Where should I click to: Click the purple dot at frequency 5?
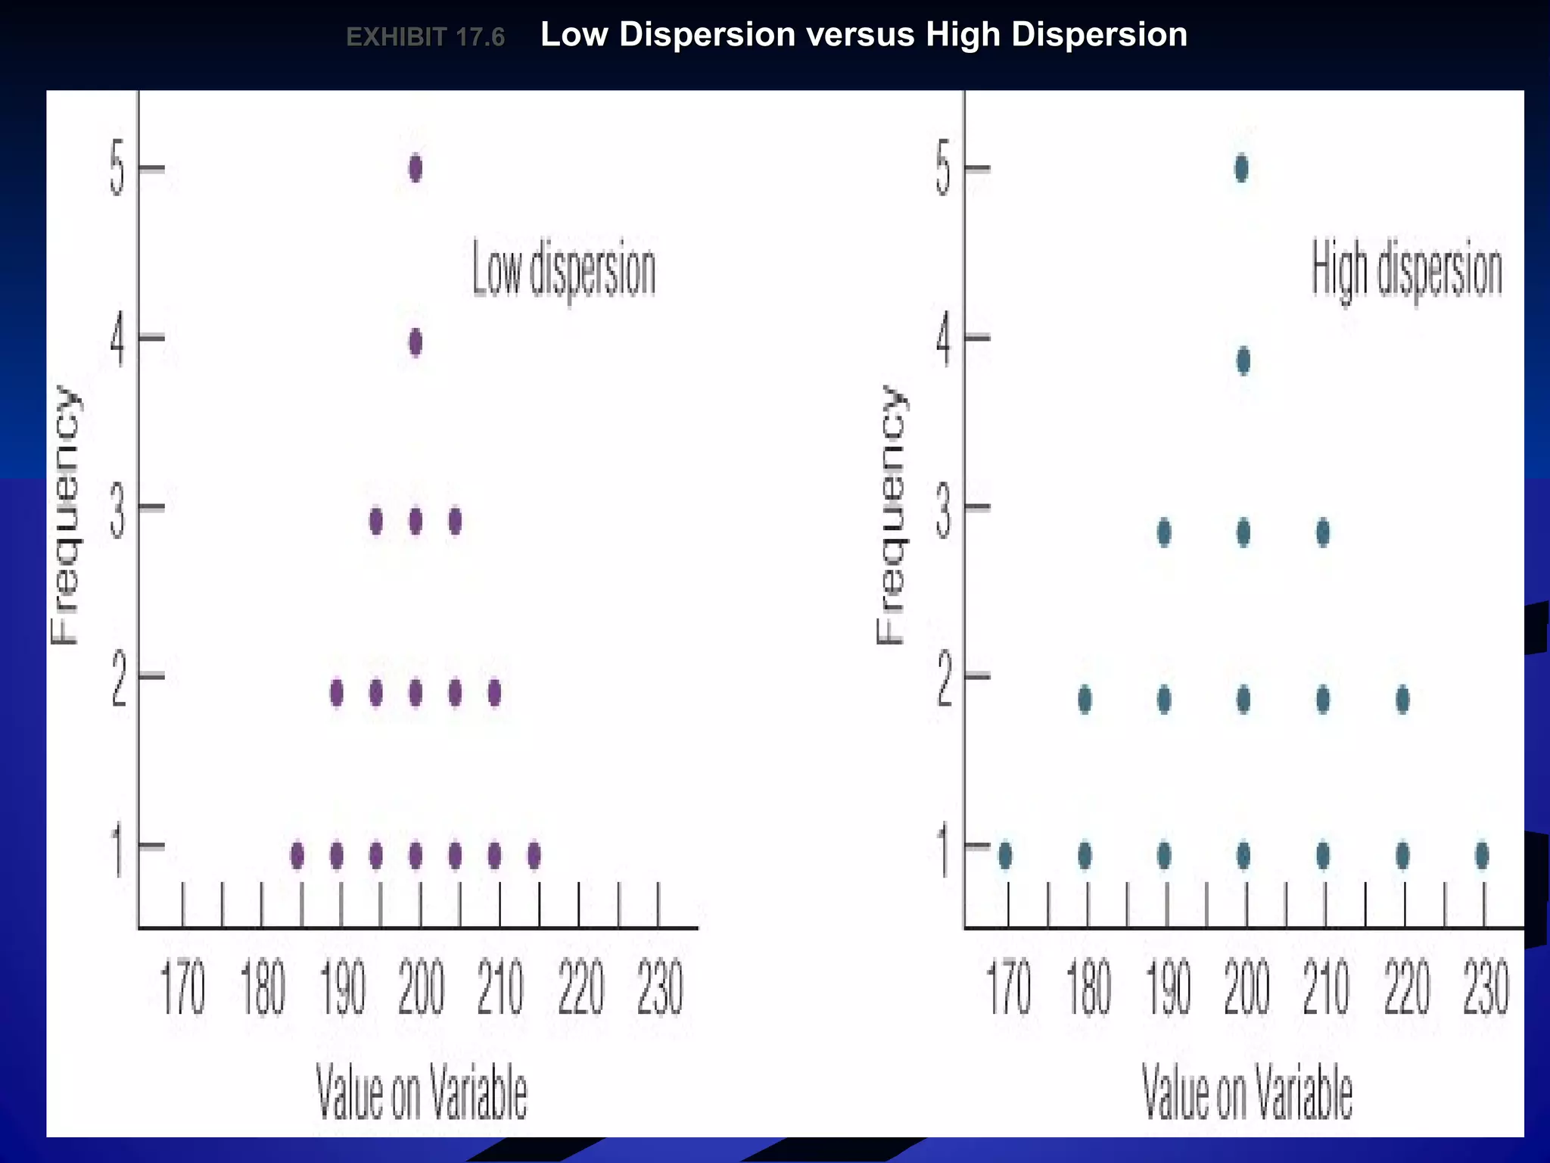click(x=416, y=168)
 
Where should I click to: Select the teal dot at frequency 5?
click(x=1241, y=168)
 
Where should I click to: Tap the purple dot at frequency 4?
click(x=416, y=343)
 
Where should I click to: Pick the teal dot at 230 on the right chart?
click(x=1482, y=856)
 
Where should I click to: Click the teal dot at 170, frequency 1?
click(x=1005, y=856)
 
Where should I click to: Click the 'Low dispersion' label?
click(x=564, y=271)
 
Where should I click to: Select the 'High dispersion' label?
click(x=1406, y=271)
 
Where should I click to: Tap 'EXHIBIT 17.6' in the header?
click(x=425, y=37)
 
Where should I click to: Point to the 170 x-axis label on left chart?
click(x=184, y=988)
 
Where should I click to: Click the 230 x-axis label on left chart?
click(x=660, y=988)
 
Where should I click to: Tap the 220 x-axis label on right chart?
click(x=1407, y=988)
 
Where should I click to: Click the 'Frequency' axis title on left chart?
click(x=65, y=515)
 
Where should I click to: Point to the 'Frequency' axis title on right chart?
click(x=892, y=515)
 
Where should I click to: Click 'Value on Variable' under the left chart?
click(x=422, y=1092)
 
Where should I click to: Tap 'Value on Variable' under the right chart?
click(x=1247, y=1092)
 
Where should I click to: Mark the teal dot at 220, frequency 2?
click(x=1402, y=700)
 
